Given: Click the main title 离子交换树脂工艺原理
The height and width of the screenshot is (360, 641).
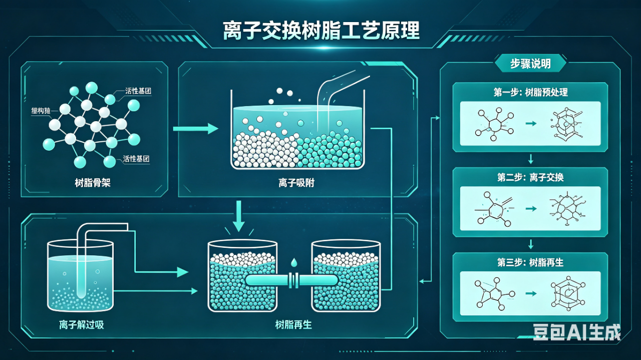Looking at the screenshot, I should tap(321, 31).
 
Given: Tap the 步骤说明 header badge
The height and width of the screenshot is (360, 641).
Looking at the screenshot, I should tap(530, 64).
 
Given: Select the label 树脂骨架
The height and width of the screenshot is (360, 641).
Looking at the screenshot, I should tap(92, 183).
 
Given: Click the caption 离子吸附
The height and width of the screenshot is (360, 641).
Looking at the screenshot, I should tap(296, 183).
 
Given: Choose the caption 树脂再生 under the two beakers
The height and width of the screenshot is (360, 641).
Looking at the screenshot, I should tap(293, 325).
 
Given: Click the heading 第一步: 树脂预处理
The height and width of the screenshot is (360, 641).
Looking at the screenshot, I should tap(530, 93).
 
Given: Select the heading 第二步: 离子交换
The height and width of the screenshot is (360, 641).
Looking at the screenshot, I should tap(530, 178).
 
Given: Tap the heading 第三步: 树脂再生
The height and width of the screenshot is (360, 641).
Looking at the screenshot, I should tap(530, 262).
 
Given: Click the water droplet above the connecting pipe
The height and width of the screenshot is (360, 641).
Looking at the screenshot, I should tap(293, 263).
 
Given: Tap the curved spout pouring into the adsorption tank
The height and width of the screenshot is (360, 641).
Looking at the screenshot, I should tap(331, 88).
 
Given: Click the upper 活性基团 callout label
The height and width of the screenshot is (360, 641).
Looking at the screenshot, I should tap(138, 92).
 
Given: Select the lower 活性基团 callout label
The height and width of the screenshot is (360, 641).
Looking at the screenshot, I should tap(136, 159).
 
